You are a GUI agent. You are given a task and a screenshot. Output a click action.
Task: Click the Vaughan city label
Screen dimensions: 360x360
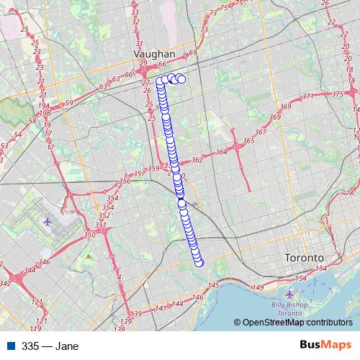tap(154, 54)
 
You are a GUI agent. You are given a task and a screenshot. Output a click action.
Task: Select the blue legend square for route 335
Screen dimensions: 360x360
tap(10, 346)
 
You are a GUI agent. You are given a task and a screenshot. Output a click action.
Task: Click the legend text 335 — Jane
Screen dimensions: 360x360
tap(50, 346)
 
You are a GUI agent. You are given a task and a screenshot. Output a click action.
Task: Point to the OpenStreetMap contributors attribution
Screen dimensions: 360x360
tap(295, 323)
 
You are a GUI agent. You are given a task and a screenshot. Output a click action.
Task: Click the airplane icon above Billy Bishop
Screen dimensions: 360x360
tap(290, 294)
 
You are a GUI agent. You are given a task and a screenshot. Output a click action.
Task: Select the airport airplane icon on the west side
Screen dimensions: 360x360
tap(48, 220)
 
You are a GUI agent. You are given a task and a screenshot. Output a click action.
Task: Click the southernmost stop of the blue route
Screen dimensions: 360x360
tap(199, 262)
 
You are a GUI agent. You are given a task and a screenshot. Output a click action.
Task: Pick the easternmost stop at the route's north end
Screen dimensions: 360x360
tap(181, 79)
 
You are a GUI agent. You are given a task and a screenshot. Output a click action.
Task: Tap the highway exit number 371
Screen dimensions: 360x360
tap(309, 96)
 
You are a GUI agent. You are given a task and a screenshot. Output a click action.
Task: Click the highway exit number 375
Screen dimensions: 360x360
tap(338, 94)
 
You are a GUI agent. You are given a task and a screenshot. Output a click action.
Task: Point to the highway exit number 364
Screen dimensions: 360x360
tap(221, 152)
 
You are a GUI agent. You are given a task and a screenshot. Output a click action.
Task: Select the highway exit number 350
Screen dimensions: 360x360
tap(89, 235)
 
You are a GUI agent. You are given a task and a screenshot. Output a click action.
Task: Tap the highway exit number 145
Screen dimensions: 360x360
tap(214, 287)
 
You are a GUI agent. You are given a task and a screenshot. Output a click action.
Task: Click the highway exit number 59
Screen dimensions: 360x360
tap(69, 104)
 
